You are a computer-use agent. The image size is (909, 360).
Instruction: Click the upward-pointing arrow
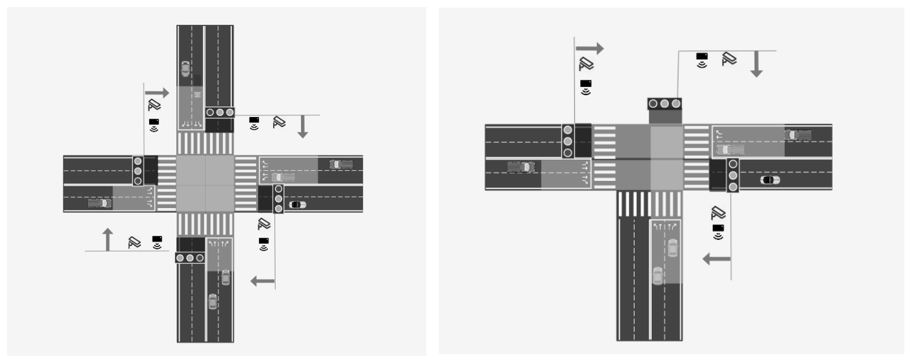tap(107, 239)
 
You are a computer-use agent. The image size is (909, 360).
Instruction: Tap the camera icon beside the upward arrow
tap(135, 241)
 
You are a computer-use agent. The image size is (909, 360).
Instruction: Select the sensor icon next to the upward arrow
tap(157, 241)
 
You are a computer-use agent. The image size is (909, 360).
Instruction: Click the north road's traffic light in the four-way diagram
tap(219, 112)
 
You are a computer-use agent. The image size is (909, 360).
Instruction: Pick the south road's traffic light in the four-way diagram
tap(190, 258)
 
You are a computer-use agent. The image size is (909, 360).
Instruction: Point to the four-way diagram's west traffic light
tap(138, 170)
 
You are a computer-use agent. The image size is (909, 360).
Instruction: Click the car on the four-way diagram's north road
tap(186, 69)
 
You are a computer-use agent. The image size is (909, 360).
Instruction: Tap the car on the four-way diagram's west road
tap(99, 203)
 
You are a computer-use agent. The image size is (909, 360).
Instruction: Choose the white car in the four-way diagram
tap(297, 205)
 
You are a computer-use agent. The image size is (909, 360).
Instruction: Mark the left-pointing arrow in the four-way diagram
tap(263, 281)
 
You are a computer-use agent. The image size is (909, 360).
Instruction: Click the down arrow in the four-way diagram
tap(303, 127)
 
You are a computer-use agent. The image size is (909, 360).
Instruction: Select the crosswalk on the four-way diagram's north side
tap(205, 144)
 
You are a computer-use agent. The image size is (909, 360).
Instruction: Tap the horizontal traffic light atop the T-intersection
tap(665, 103)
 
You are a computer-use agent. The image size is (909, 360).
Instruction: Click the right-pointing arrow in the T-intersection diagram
tap(590, 48)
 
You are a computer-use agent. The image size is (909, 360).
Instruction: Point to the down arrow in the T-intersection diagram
tap(756, 64)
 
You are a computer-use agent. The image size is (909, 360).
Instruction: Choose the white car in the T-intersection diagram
tap(770, 180)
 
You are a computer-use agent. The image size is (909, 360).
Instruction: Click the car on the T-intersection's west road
tap(521, 167)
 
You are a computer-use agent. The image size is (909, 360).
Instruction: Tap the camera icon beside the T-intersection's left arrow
tap(718, 212)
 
